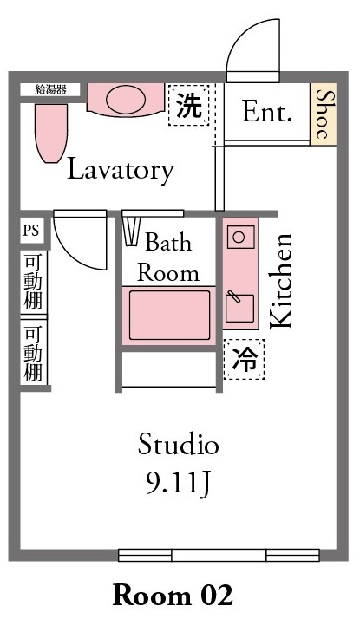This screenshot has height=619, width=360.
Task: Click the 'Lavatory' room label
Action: tap(121, 171)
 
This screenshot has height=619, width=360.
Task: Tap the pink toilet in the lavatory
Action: tap(51, 133)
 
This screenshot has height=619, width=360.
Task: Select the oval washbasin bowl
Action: tap(126, 100)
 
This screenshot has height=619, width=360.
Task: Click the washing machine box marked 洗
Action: tap(188, 105)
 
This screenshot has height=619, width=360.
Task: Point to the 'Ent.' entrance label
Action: tap(266, 112)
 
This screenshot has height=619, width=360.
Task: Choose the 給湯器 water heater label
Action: tap(50, 89)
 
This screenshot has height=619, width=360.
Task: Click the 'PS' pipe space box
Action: tap(31, 230)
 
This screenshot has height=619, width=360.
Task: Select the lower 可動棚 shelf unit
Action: tap(34, 352)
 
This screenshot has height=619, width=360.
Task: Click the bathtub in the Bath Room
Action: tap(169, 315)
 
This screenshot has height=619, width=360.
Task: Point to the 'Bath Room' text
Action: tap(168, 257)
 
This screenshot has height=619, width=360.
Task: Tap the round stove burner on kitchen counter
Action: tap(239, 237)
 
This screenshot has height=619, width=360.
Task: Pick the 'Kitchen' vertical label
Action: tap(281, 281)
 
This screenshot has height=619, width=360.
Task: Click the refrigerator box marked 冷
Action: tap(244, 359)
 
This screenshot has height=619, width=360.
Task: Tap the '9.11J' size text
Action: tap(178, 484)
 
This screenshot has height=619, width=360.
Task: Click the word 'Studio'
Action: tap(178, 444)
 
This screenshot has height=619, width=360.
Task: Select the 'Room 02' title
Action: tap(173, 595)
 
